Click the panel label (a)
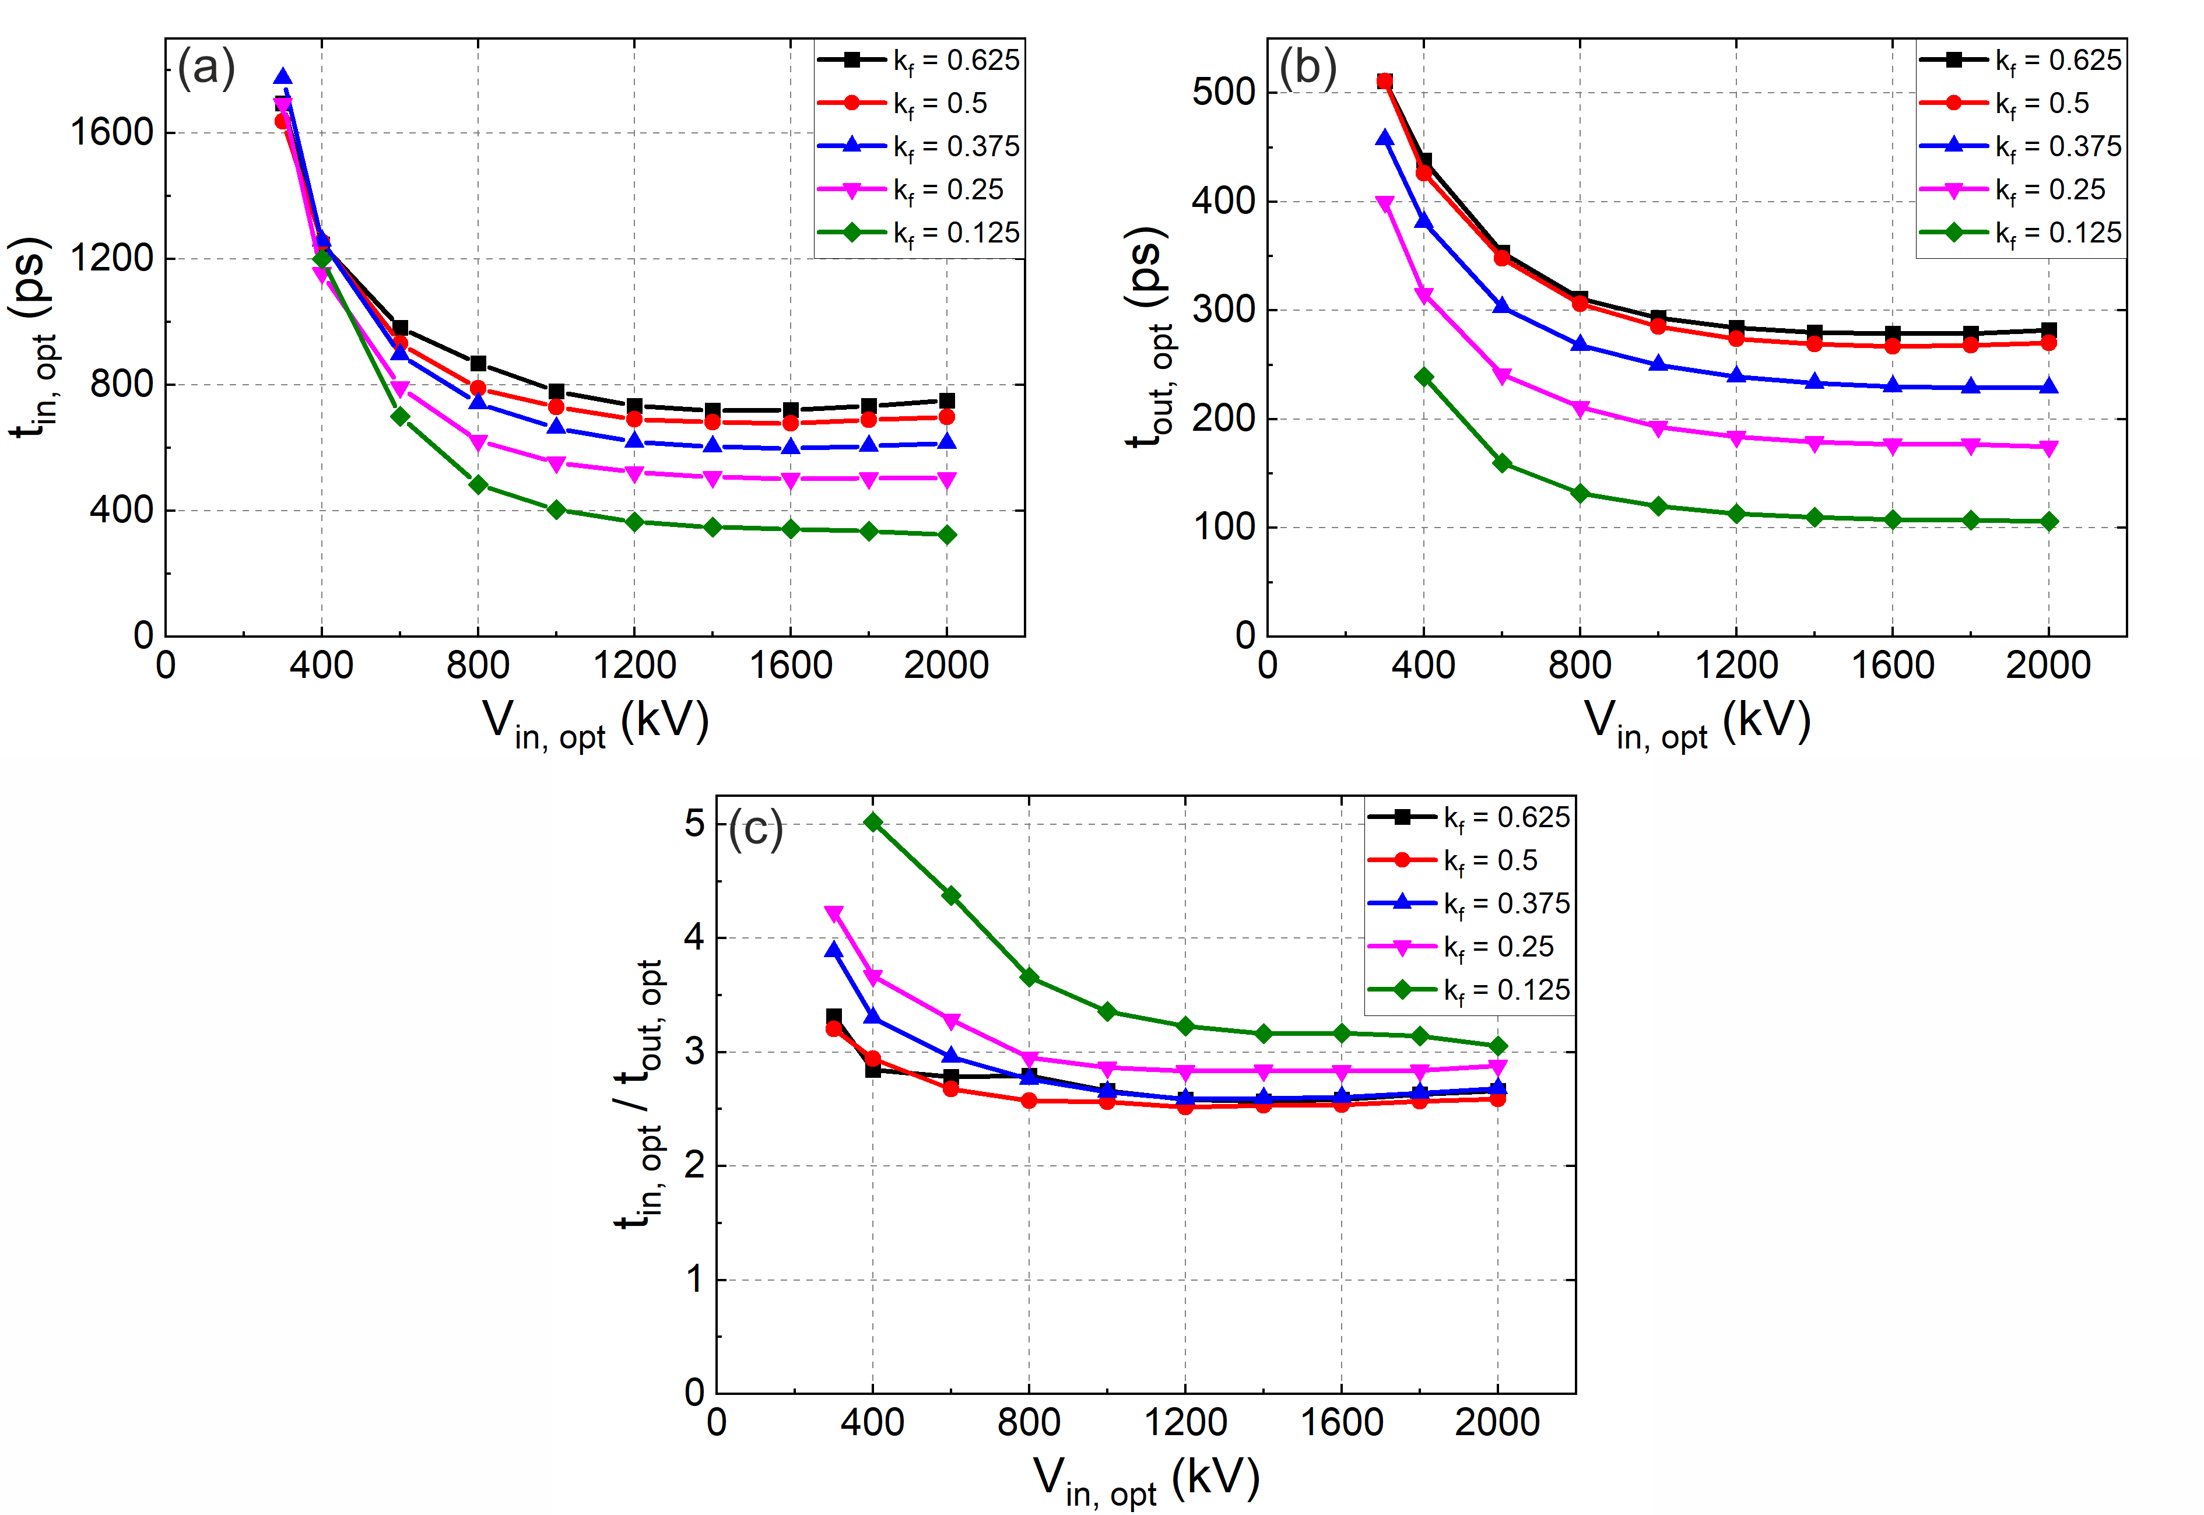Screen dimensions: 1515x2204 tap(206, 69)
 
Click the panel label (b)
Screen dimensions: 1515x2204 tap(1308, 69)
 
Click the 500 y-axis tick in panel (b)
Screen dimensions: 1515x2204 tap(1223, 93)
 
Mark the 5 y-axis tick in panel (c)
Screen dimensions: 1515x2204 tap(695, 823)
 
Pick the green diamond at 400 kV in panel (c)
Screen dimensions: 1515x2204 tap(873, 822)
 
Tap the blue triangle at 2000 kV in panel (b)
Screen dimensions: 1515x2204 tap(2048, 386)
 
